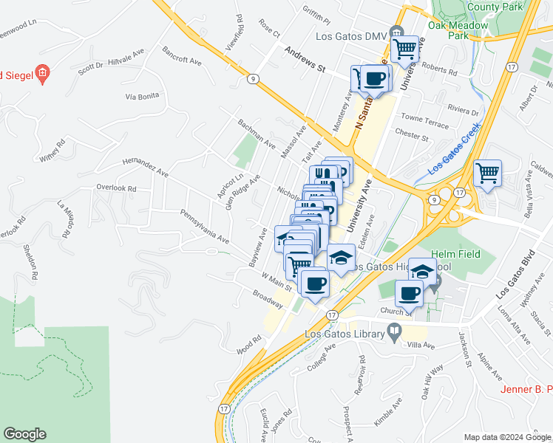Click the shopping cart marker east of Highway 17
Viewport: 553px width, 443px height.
coord(488,175)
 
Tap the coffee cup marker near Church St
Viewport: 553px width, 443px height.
coord(409,293)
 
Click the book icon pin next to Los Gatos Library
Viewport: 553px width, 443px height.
coord(396,332)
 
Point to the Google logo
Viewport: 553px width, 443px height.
coord(24,434)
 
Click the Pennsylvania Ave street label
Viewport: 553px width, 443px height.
coord(205,225)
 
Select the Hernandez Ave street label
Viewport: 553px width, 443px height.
coord(146,166)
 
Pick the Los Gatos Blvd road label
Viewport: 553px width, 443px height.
coord(515,276)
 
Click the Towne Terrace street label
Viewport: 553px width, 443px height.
coord(424,121)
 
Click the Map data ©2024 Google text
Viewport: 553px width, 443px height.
coord(507,437)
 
